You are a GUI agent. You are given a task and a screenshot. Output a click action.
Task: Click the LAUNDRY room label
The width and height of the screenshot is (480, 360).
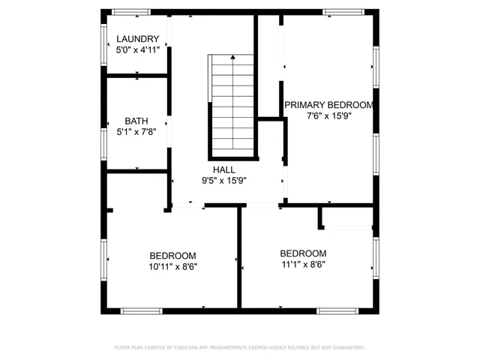click(137, 39)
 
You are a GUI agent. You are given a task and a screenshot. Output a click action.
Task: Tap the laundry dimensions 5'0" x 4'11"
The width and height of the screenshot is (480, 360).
click(137, 49)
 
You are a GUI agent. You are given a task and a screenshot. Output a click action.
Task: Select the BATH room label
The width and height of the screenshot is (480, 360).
click(136, 121)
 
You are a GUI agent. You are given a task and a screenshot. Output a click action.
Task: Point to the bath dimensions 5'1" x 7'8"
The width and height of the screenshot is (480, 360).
click(136, 132)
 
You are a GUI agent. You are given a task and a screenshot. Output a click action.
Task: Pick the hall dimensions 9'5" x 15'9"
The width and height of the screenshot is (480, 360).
click(223, 181)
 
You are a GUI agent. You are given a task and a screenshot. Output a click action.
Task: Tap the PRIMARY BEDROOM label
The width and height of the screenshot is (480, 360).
click(328, 105)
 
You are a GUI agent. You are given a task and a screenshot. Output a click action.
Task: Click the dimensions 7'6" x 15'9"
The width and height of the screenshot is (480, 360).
click(328, 116)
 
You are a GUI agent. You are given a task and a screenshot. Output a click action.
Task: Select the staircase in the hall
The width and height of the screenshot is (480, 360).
click(232, 105)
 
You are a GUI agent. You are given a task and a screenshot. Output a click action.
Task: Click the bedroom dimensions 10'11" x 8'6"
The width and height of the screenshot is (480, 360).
click(172, 265)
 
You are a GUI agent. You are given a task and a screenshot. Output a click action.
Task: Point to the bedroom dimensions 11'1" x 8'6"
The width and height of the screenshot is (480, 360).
click(303, 264)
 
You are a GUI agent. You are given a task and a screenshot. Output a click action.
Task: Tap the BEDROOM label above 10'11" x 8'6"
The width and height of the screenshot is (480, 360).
click(172, 255)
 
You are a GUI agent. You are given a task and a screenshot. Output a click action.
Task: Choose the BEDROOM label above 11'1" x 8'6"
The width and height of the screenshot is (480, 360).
click(303, 253)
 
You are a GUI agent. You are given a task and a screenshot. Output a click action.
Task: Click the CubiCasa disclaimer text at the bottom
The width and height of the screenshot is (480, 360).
click(239, 347)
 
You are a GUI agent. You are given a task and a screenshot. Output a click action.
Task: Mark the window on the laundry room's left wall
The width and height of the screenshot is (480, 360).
click(104, 45)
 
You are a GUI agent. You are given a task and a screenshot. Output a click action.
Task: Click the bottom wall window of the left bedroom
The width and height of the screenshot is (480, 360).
click(142, 310)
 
